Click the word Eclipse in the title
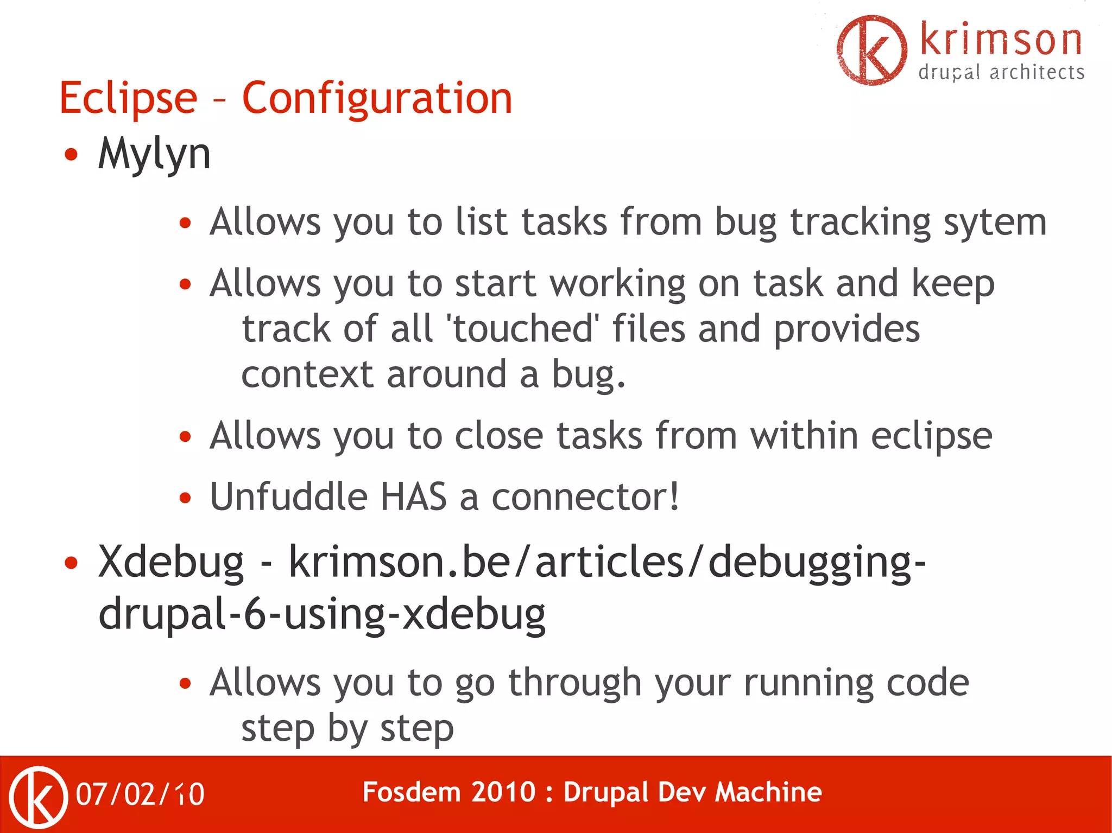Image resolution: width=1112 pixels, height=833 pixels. coord(128,99)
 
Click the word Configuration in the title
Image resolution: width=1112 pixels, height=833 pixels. coord(377,99)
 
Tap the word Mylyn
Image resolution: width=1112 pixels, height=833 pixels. coord(154,155)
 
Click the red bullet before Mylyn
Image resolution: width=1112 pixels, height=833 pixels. coord(71,155)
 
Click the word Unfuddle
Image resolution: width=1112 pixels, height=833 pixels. coord(289,497)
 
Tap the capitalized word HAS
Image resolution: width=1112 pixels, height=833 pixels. coord(414,497)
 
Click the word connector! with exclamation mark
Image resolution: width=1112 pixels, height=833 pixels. coord(585,497)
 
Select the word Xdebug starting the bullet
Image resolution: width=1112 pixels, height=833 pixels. coord(171,563)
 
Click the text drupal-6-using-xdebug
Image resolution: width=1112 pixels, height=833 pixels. coord(322,615)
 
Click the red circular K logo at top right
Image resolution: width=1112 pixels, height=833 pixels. coord(871,50)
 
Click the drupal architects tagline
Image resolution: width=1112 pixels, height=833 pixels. coord(1001,73)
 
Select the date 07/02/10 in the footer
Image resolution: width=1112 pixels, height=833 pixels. coord(140,794)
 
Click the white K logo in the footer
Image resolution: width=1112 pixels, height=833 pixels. coord(38,797)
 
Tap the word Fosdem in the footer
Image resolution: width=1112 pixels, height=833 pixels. coord(410,792)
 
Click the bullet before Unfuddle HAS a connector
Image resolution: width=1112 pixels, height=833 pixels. coord(186,498)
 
